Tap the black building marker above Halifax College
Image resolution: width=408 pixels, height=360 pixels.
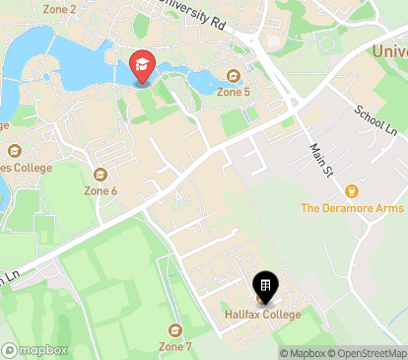pyautogui.click(x=265, y=286)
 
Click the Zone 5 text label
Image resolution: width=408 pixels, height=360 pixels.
pyautogui.click(x=233, y=92)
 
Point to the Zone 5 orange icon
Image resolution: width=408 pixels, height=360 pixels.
pyautogui.click(x=234, y=76)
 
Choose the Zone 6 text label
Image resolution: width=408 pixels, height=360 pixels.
pyautogui.click(x=101, y=190)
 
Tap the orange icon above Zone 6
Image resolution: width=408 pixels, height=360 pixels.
pyautogui.click(x=101, y=175)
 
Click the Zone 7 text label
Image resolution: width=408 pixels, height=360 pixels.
pyautogui.click(x=175, y=346)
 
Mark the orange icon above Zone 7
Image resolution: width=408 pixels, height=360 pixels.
pyautogui.click(x=175, y=330)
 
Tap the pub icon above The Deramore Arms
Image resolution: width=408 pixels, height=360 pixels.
pyautogui.click(x=351, y=191)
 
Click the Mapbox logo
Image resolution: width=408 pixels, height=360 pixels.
pyautogui.click(x=35, y=349)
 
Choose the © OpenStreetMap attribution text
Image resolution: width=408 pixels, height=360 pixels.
pyautogui.click(x=368, y=353)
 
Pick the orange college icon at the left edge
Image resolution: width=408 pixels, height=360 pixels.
pyautogui.click(x=14, y=151)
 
